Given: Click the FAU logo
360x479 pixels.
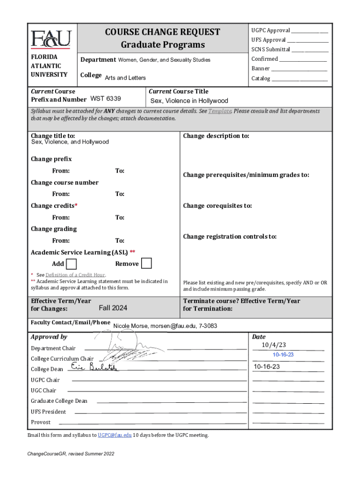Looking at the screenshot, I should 51,39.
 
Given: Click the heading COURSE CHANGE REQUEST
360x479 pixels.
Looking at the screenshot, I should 163,32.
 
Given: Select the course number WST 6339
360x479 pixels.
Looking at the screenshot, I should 105,99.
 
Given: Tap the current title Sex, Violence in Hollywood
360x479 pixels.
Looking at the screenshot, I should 189,101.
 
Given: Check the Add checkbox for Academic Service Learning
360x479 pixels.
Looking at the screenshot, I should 72,264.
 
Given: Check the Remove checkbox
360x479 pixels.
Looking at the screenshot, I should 146,263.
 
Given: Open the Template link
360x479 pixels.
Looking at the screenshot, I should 220,111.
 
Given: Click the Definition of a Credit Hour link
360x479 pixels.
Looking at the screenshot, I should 75,275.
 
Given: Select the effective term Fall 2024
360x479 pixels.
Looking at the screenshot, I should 113,308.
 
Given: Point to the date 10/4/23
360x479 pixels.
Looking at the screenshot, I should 274,345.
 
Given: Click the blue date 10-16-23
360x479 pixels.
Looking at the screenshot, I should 283,355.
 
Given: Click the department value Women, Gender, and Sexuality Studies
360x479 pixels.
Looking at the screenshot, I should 164,60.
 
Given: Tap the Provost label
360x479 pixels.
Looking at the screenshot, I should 41,422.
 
